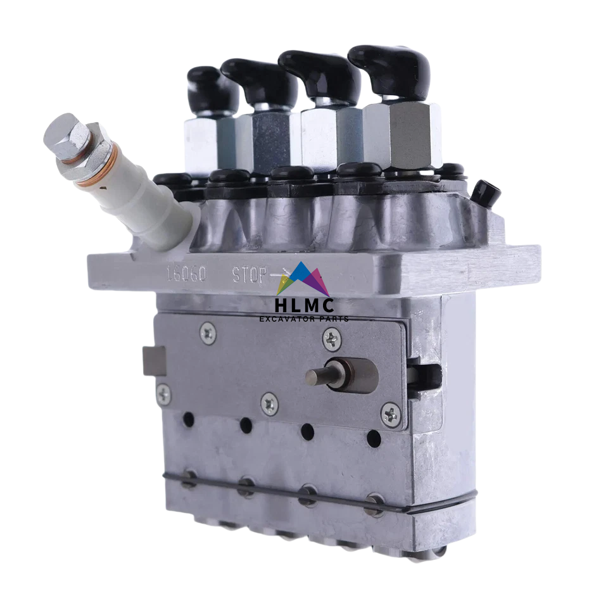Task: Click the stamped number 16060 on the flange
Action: coord(187,274)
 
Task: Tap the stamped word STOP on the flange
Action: coord(250,275)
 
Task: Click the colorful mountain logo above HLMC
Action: coord(303,279)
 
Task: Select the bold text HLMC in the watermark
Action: coord(304,305)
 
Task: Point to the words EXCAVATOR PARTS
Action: coord(304,319)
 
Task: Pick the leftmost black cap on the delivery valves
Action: coord(212,89)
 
